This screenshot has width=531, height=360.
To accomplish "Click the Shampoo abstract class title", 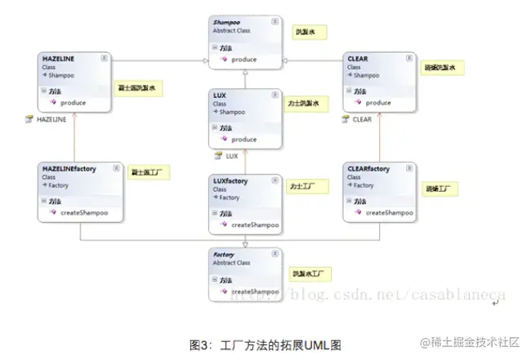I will (228, 23).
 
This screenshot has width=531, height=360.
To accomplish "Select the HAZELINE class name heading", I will (58, 60).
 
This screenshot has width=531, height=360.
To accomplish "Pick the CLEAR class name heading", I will (358, 59).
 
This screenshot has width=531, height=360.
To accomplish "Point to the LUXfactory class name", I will (230, 180).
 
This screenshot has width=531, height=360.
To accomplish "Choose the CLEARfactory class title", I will (368, 169).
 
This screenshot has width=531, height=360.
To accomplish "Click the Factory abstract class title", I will (224, 254).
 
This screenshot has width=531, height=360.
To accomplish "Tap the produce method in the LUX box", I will (243, 140).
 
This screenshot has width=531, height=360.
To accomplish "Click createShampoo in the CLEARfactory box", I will (388, 212).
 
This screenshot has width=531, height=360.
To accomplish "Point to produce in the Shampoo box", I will (243, 60).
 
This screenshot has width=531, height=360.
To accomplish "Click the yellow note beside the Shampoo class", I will (310, 32).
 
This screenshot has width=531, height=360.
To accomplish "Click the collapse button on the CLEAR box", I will (408, 59).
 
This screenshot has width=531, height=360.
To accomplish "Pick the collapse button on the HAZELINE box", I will (104, 59).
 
